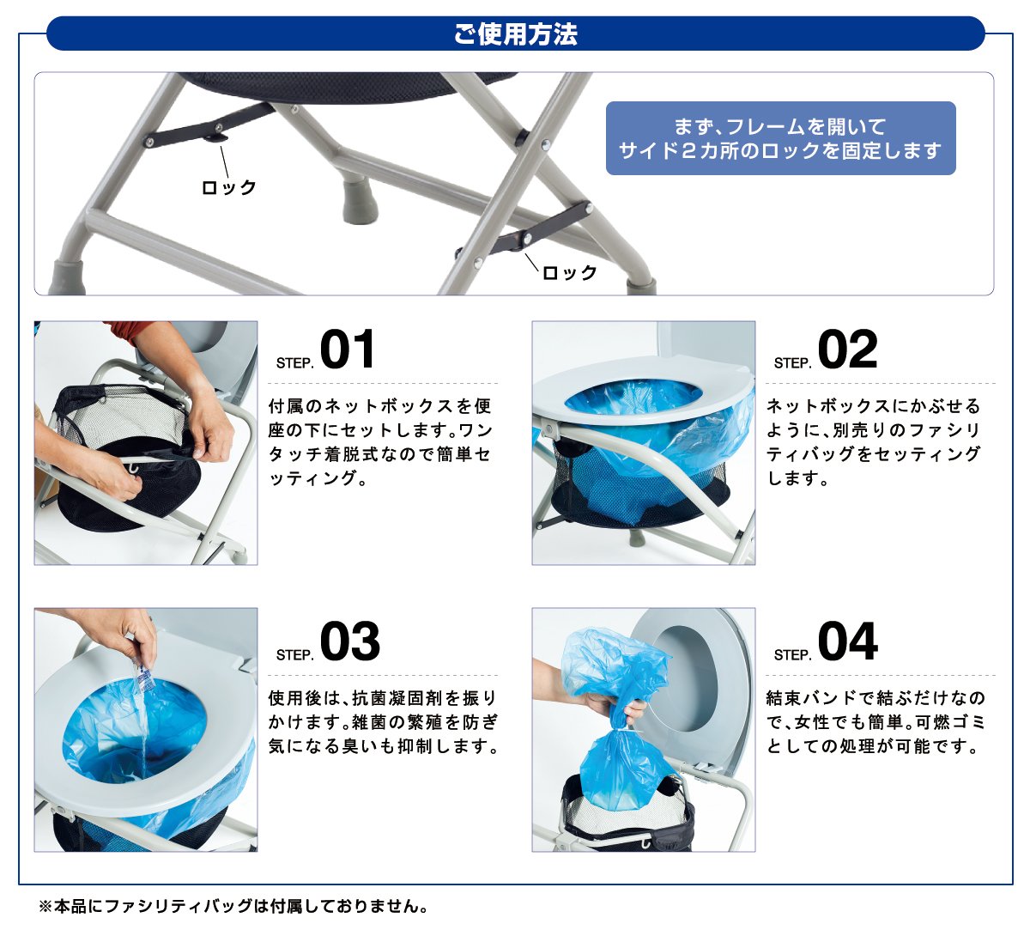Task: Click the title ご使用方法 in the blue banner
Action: pos(516,33)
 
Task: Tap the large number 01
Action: pos(347,349)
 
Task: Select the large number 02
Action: pos(847,349)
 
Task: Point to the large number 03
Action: pos(349,641)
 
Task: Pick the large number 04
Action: pos(848,641)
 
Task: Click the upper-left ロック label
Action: pos(228,187)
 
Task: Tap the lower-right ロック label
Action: pos(569,272)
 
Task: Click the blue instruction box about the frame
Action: pos(780,138)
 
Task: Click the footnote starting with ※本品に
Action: pos(233,906)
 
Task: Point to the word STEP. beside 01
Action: pos(294,363)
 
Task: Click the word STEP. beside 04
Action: pos(793,655)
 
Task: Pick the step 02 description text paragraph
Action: pos(874,441)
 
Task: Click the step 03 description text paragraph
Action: pos(383,722)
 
